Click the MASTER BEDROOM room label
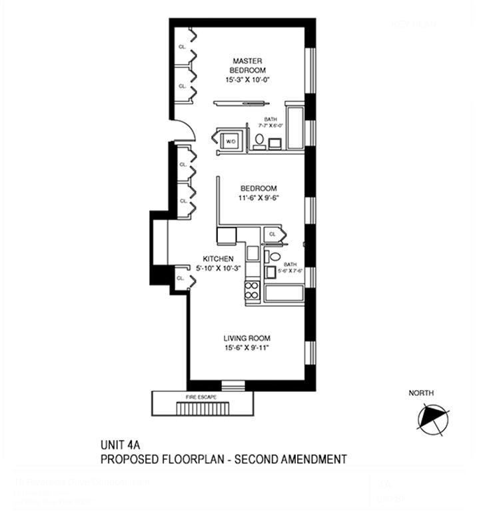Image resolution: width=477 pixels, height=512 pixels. [247, 65]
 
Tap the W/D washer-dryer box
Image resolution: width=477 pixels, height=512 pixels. [231, 141]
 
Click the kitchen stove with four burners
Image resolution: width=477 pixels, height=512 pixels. [252, 290]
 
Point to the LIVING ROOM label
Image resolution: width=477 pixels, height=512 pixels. [247, 337]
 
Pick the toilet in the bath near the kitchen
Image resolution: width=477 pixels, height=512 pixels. [274, 257]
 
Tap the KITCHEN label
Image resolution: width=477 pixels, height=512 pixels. [219, 259]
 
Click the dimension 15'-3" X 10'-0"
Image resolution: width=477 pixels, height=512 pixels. [247, 80]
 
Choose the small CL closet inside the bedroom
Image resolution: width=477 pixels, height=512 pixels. [272, 235]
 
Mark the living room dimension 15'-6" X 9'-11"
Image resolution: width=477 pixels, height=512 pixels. [247, 348]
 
